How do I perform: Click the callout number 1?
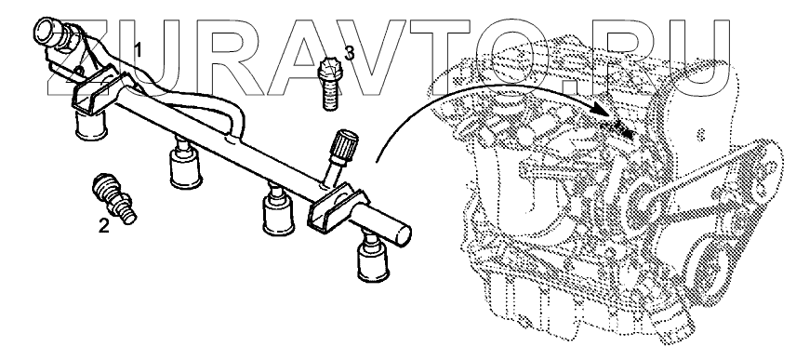coord(138,49)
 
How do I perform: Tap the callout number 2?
coord(103,226)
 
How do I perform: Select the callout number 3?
coord(350,52)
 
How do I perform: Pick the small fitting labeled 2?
coord(113,197)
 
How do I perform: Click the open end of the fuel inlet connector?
coord(46,32)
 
